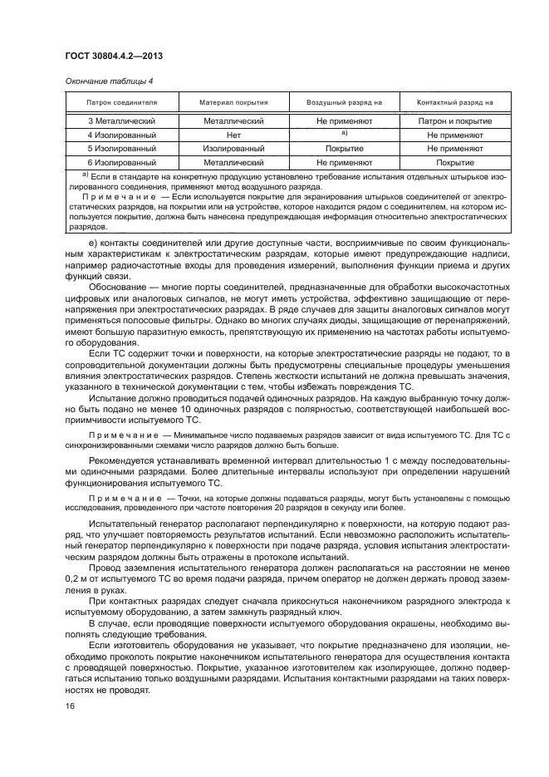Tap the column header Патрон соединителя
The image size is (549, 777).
tap(122, 102)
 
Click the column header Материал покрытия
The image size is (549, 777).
tap(233, 102)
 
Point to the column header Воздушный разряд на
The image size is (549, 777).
tap(344, 102)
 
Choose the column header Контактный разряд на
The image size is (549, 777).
tap(455, 102)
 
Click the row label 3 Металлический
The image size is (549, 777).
tap(122, 121)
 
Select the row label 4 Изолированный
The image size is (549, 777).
tap(122, 135)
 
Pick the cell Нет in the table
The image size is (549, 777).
tap(233, 135)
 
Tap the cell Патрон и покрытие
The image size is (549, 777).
tap(455, 121)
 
